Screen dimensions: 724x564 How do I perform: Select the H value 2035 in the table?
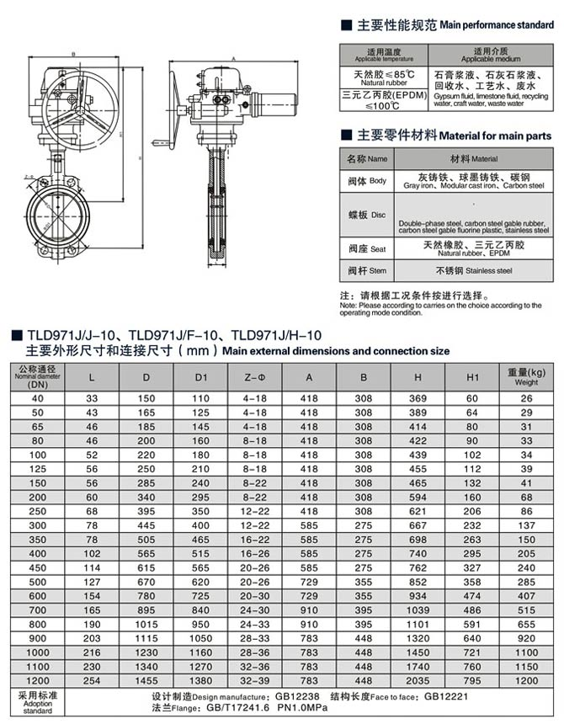(x=418, y=680)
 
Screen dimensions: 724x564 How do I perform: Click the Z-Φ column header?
(x=254, y=375)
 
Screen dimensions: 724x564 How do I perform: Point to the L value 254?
(x=93, y=680)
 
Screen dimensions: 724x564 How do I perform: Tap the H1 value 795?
(x=472, y=680)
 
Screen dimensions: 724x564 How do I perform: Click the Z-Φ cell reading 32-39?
(x=254, y=680)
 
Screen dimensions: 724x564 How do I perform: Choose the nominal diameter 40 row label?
(x=36, y=397)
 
